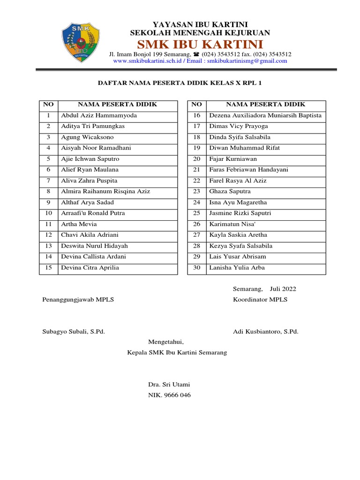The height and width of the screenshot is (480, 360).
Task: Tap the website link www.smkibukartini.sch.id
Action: point(147,61)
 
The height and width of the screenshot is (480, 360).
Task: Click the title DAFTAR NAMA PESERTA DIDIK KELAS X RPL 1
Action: point(180,83)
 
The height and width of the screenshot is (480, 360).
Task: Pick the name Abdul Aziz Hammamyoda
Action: point(98,115)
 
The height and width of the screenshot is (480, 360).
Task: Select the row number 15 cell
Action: point(48,268)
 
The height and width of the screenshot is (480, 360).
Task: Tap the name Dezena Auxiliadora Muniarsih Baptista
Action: point(265,115)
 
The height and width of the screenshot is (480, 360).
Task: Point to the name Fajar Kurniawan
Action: point(233,159)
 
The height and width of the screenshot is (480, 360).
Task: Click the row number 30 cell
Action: point(196,268)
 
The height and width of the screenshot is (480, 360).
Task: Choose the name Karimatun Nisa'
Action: point(232,224)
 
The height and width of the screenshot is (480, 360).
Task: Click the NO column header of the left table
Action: point(48,104)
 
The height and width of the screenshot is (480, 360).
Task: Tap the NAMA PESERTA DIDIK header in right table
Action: point(265,104)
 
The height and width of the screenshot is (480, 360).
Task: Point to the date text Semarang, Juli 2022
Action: point(264,289)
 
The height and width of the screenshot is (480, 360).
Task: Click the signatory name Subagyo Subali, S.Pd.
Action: point(73,331)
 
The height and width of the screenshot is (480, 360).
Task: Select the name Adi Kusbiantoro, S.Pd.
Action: point(265,331)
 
